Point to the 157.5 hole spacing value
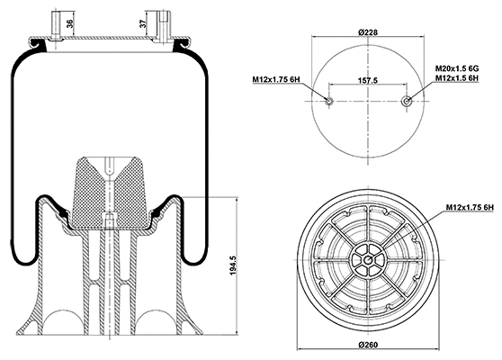coord(368,80)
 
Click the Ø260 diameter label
coord(366,346)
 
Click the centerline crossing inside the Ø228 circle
coord(367,101)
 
